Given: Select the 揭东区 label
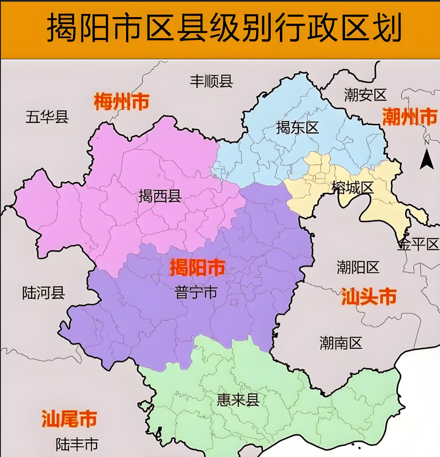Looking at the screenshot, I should [x=297, y=127].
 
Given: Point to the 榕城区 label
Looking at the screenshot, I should [x=352, y=187].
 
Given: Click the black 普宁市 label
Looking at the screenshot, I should [x=196, y=293].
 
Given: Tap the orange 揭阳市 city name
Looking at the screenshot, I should [x=197, y=268].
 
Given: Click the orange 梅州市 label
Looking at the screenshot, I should [x=122, y=102].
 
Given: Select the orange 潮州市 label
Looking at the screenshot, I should [x=409, y=117].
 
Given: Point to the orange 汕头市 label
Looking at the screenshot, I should [x=369, y=296].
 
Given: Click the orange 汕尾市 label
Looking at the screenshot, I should [x=69, y=419].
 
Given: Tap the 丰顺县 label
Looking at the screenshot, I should [x=211, y=81].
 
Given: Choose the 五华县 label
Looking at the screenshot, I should [x=47, y=116].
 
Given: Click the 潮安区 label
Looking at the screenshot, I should [x=366, y=94].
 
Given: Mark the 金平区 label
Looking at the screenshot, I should [x=418, y=244].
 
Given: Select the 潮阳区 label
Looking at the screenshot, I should [x=358, y=268].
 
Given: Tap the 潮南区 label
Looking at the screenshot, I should [x=341, y=342].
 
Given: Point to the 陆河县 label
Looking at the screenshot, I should [x=43, y=293].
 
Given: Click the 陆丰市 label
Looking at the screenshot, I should [x=77, y=444].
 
